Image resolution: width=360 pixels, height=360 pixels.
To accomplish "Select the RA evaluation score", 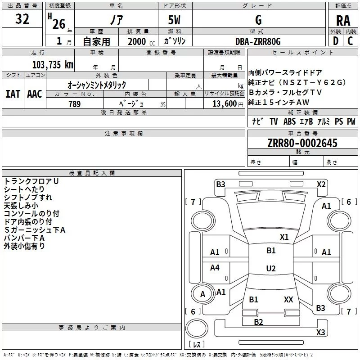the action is (x=343, y=21).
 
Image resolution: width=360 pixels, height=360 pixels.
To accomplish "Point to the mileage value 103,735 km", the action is (x=52, y=65).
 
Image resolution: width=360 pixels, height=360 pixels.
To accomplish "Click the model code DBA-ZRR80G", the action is (x=258, y=41).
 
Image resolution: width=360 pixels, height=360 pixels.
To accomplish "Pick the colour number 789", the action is (x=74, y=104).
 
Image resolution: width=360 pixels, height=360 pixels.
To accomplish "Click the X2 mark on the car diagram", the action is (x=321, y=184).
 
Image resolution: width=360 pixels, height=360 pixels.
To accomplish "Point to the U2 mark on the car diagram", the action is (x=270, y=269).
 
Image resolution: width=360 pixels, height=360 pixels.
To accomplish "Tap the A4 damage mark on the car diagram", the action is (x=215, y=268).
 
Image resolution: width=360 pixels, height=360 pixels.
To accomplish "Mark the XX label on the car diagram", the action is (x=288, y=299).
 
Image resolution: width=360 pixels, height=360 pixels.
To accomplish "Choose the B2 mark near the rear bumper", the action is (x=258, y=322).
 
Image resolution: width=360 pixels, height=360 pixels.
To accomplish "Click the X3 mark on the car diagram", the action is (x=320, y=333).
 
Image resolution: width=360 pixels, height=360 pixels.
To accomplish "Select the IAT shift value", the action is (x=13, y=94).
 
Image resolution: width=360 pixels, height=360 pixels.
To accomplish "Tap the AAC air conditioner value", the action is (x=34, y=94).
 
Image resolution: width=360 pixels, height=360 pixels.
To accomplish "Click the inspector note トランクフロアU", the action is (x=31, y=181).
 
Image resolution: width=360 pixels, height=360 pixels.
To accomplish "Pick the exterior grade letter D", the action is (x=335, y=41).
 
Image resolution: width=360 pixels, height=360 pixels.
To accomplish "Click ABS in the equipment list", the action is (x=289, y=121).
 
